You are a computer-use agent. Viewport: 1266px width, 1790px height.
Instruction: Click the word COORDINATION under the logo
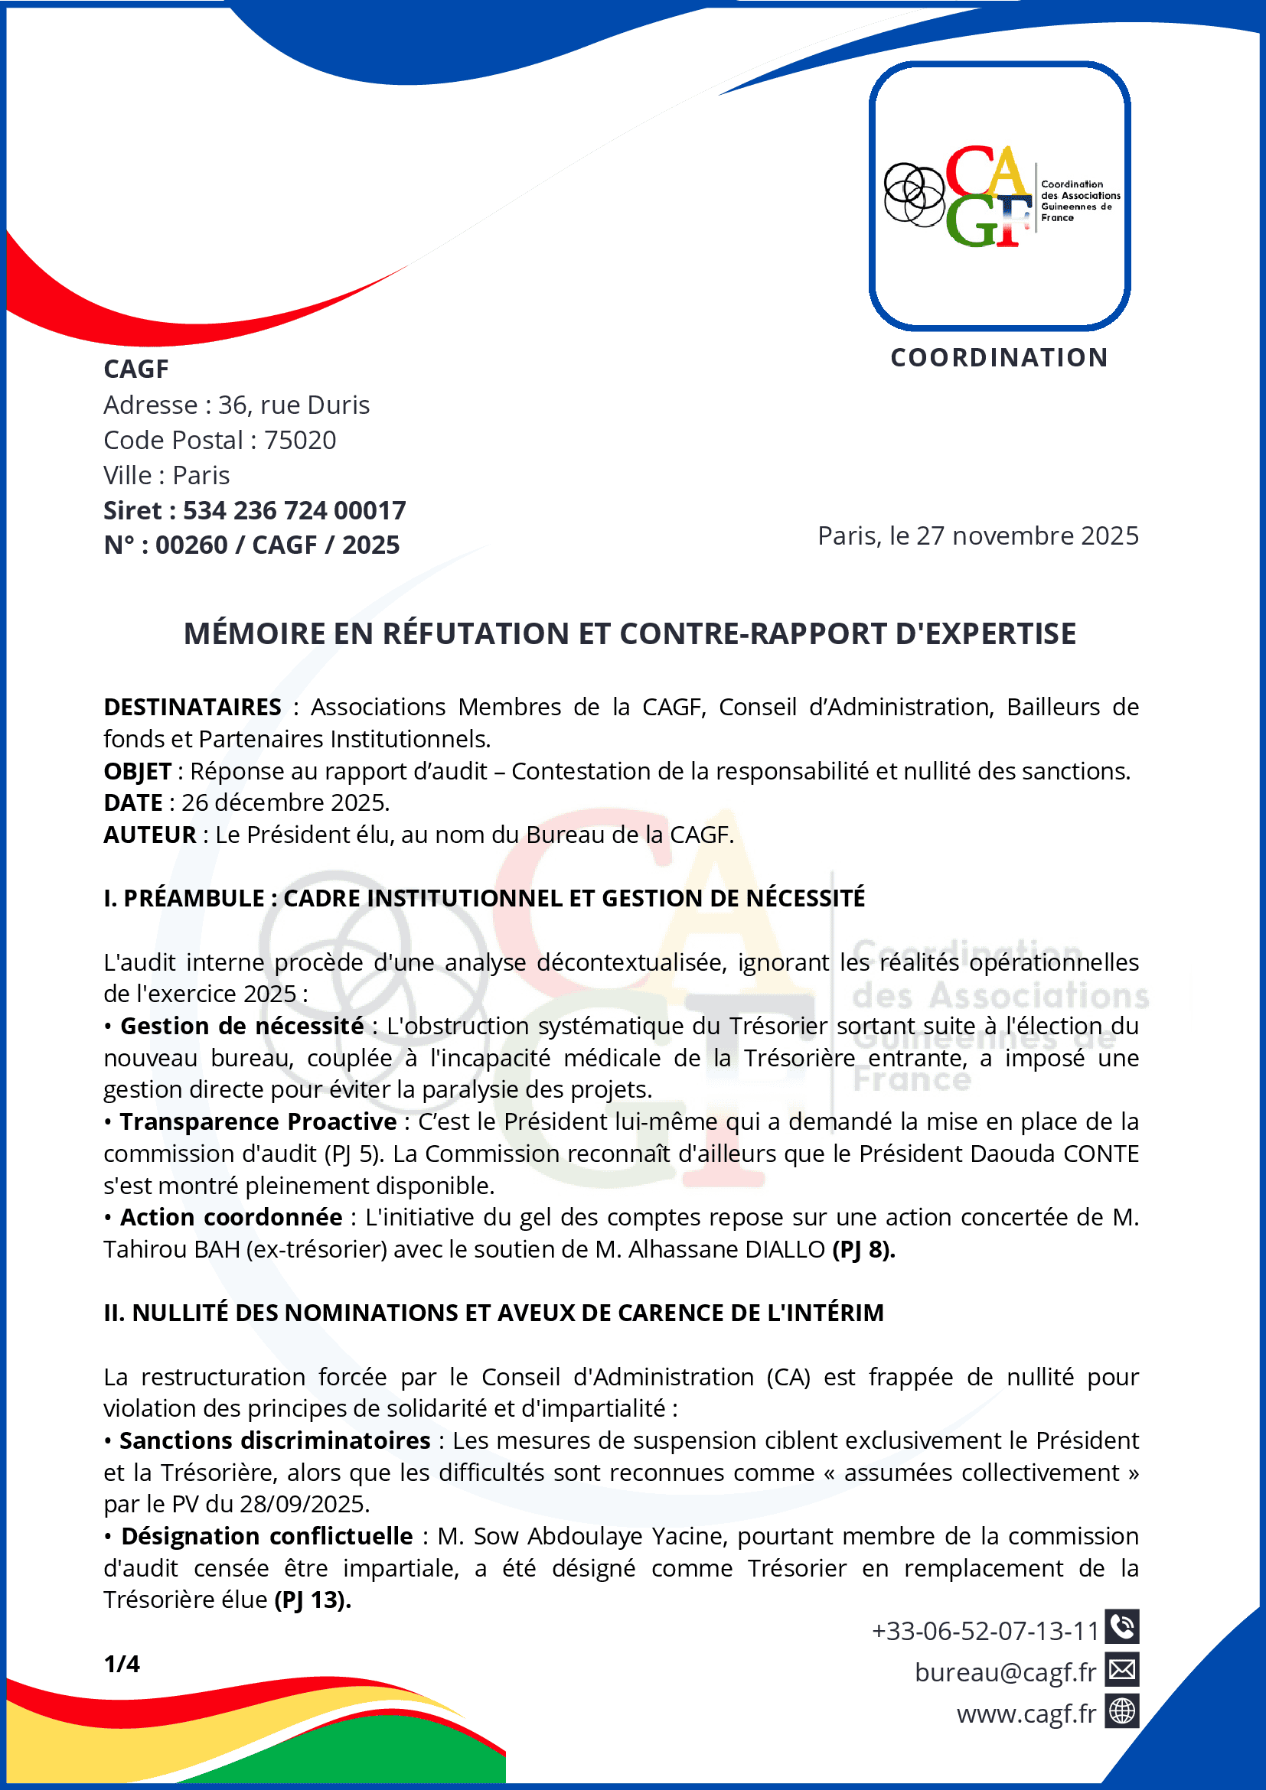[x=999, y=358]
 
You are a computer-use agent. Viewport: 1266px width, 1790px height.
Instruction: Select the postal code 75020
[x=300, y=441]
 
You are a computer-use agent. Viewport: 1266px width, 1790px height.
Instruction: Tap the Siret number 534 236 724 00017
[x=294, y=511]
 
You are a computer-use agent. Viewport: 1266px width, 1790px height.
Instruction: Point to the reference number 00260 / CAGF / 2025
[x=277, y=545]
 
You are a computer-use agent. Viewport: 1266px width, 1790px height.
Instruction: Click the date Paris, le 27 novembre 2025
[x=977, y=536]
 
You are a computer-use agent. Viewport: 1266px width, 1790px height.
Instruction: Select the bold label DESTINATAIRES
[x=193, y=707]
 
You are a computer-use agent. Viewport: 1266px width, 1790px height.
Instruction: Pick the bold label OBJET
[x=137, y=771]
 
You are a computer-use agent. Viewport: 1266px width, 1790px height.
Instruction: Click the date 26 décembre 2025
[x=285, y=803]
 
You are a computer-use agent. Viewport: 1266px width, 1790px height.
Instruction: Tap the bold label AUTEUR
[x=150, y=835]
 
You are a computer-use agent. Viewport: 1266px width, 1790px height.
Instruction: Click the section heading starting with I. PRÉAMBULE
[x=485, y=898]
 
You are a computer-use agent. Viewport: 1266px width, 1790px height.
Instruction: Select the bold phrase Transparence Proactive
[x=258, y=1121]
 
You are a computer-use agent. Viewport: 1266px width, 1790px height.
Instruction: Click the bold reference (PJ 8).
[x=863, y=1250]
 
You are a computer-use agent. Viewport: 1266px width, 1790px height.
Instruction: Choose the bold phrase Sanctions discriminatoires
[x=275, y=1440]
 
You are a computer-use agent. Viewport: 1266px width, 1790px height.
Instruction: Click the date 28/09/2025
[x=304, y=1504]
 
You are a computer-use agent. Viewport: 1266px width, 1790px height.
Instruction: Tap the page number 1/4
[x=122, y=1664]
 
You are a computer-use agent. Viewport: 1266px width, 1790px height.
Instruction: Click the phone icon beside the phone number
[x=1121, y=1626]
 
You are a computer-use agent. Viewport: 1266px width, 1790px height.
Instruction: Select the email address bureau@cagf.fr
[x=1005, y=1672]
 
